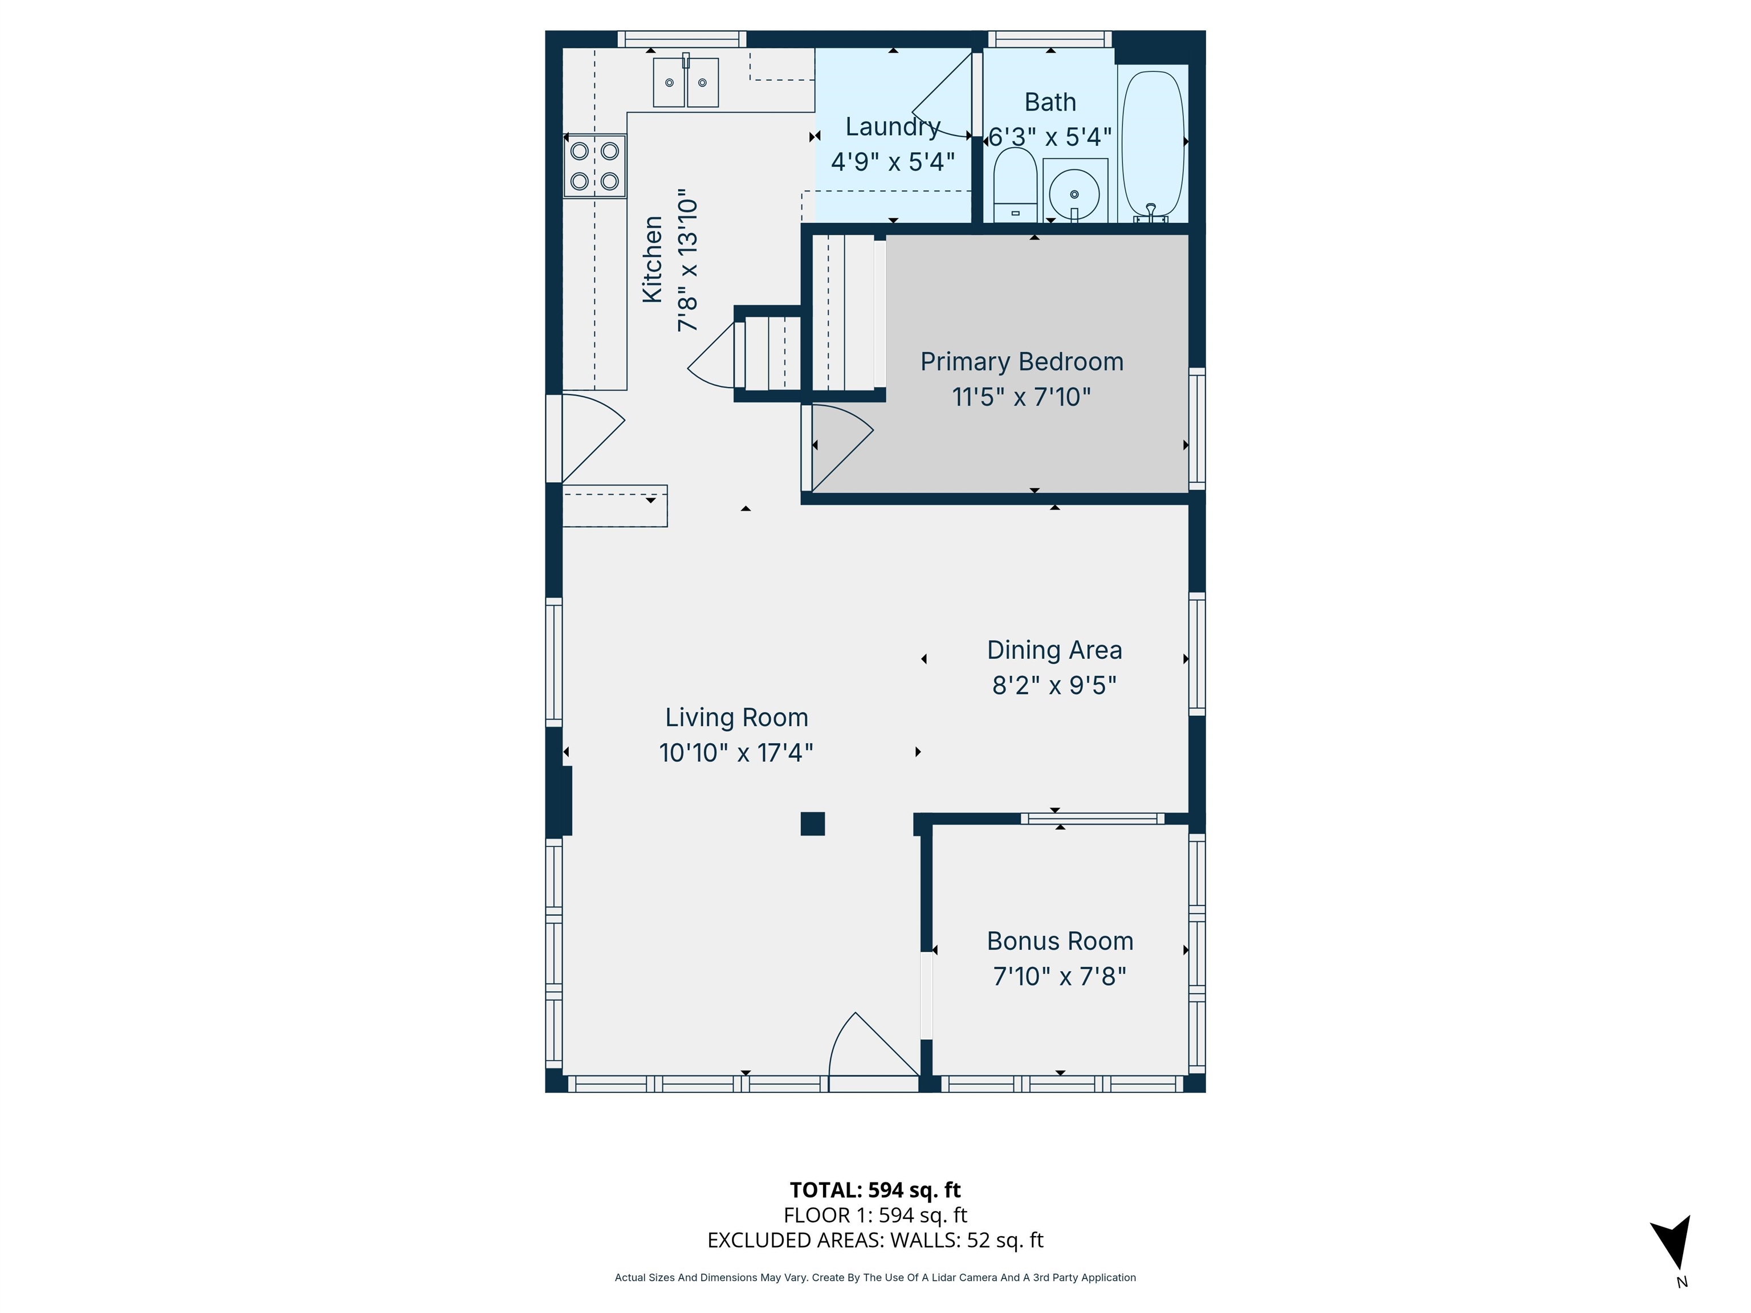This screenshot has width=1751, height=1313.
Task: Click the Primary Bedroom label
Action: pos(1021,362)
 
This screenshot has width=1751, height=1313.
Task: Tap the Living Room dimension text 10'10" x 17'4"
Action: pos(736,753)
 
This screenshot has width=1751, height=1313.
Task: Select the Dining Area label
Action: pos(1054,650)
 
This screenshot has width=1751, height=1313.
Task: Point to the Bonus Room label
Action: pos(1060,941)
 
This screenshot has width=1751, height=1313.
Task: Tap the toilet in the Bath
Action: pos(1015,185)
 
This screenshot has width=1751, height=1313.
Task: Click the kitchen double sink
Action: pos(686,82)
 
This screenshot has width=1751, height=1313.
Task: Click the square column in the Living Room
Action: pos(813,824)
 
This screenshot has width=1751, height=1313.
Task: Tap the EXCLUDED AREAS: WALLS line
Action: pos(875,1240)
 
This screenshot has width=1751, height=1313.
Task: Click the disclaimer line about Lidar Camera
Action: pos(875,1278)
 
